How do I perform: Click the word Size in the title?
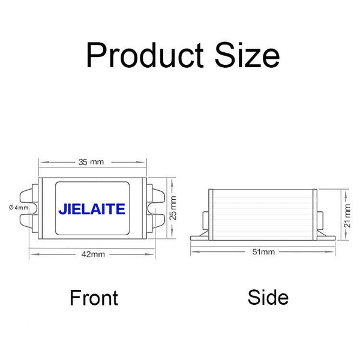[x=247, y=56]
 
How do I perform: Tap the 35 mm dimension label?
[x=92, y=161]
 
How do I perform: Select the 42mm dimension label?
[x=93, y=254]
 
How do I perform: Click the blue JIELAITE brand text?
[x=92, y=209]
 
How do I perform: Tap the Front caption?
[x=94, y=298]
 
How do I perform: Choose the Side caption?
[x=268, y=297]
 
